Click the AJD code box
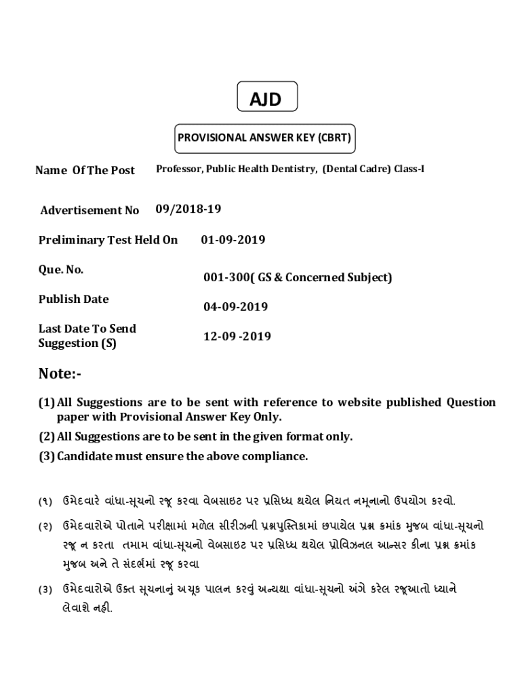point(266,99)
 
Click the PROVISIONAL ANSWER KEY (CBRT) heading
point(264,138)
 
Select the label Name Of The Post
point(85,170)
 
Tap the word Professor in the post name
point(178,169)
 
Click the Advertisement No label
point(89,210)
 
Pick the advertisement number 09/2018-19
point(188,209)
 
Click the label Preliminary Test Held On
point(108,240)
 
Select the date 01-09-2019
point(233,240)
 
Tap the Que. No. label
point(61,270)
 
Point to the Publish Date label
point(73,299)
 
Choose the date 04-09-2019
point(235,306)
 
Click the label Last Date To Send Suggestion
point(87,336)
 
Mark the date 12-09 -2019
point(237,336)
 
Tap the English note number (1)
point(46,403)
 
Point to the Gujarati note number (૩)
point(45,590)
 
